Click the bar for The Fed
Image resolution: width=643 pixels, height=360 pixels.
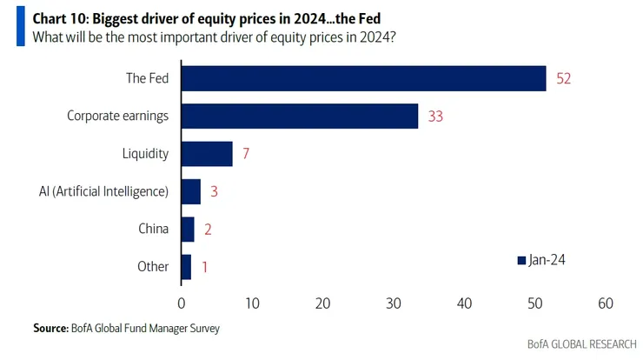363,78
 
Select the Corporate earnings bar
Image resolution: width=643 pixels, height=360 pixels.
299,116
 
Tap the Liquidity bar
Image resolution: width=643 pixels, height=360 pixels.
207,154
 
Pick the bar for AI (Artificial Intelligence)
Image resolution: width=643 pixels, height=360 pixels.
190,191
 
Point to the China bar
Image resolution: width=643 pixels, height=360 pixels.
188,229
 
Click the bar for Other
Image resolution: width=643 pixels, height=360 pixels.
186,266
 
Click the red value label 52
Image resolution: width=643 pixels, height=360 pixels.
563,78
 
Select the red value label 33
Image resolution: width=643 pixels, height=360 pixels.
435,116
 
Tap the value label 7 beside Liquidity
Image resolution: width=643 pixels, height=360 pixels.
246,154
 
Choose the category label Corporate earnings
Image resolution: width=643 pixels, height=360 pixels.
117,116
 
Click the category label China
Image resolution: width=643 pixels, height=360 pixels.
153,229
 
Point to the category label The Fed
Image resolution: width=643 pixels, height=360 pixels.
147,78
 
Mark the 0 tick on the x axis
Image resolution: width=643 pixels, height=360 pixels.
182,303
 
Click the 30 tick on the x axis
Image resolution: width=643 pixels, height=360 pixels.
394,303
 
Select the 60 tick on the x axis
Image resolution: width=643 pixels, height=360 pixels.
606,303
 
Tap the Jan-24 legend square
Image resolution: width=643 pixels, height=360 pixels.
521,260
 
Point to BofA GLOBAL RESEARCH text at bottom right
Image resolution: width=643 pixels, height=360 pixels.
581,344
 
